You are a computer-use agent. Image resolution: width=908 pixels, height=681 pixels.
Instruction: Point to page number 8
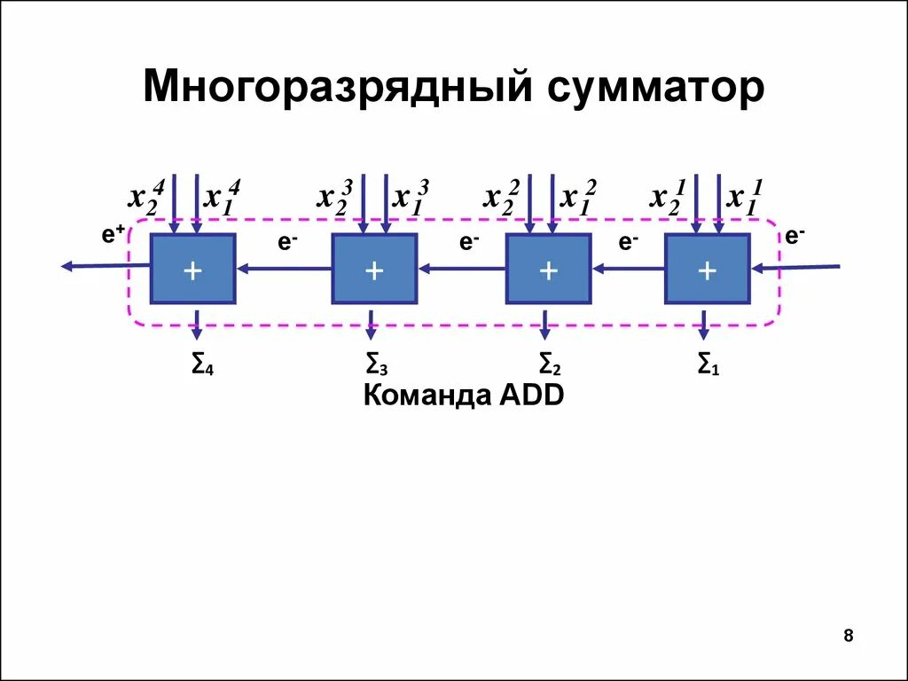point(849,635)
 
